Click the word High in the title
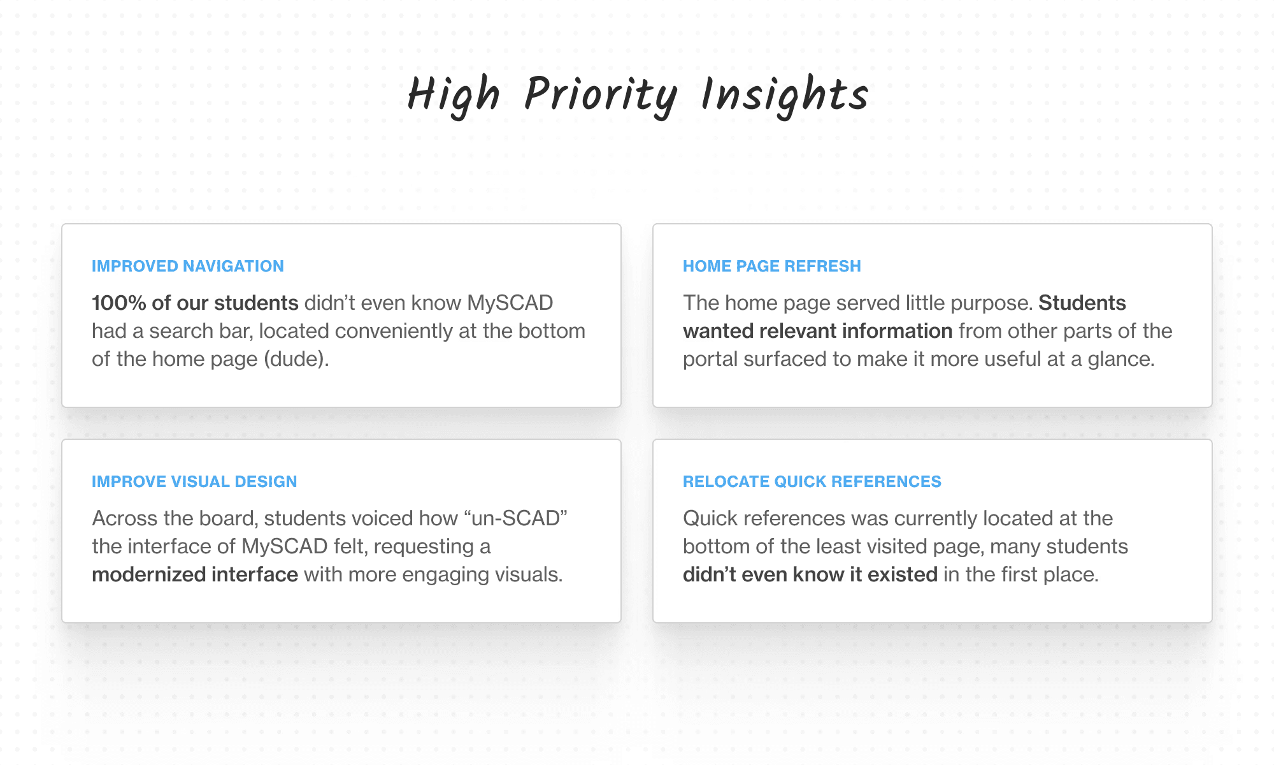[454, 96]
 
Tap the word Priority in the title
[600, 96]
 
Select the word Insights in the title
[785, 96]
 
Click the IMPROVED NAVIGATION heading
[188, 266]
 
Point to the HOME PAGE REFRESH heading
[772, 266]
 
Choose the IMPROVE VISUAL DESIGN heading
[194, 481]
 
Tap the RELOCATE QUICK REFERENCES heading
[812, 481]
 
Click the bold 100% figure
[119, 303]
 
